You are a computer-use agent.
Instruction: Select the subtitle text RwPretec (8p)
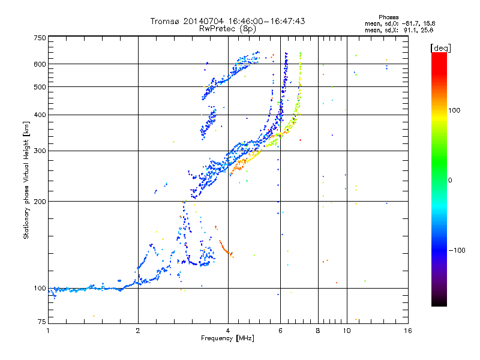pos(227,29)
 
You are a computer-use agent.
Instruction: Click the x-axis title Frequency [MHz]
pos(227,338)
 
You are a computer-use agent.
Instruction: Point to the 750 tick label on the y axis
pos(40,38)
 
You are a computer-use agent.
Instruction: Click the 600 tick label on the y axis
pos(40,64)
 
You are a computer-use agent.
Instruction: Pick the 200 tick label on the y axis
pos(40,202)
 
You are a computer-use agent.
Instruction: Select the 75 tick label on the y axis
pos(41,322)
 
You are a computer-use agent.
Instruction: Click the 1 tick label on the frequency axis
pos(48,331)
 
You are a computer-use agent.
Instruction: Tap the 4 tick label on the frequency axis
pos(228,331)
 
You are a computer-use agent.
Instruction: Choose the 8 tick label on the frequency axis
pos(318,331)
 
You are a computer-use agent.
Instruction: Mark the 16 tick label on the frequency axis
pos(408,331)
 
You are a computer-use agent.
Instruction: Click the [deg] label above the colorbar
pos(440,48)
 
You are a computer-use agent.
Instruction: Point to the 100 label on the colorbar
pos(454,110)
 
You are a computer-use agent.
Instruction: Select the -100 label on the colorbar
pos(457,250)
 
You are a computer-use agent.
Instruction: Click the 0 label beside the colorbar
pos(450,180)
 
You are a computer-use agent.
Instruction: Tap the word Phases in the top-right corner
pos(389,17)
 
